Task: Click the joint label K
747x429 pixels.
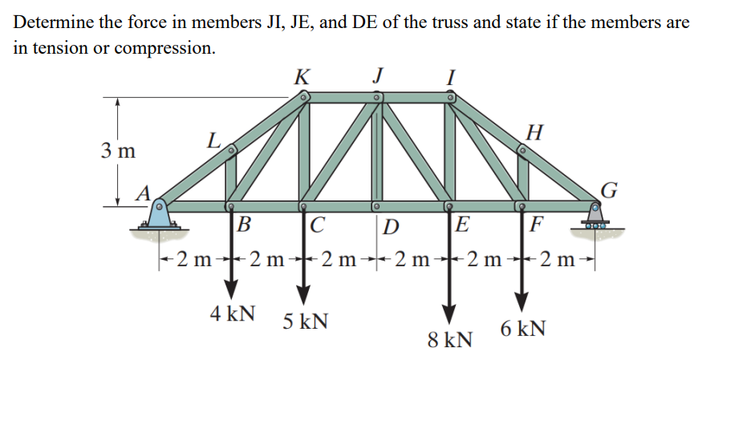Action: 302,78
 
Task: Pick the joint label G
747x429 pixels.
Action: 609,190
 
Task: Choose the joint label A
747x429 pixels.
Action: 144,192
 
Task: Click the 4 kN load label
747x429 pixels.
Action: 233,314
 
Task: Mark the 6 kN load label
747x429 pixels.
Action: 523,329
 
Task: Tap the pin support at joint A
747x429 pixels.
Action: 160,215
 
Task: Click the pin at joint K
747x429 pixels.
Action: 303,97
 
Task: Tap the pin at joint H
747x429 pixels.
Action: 522,148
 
